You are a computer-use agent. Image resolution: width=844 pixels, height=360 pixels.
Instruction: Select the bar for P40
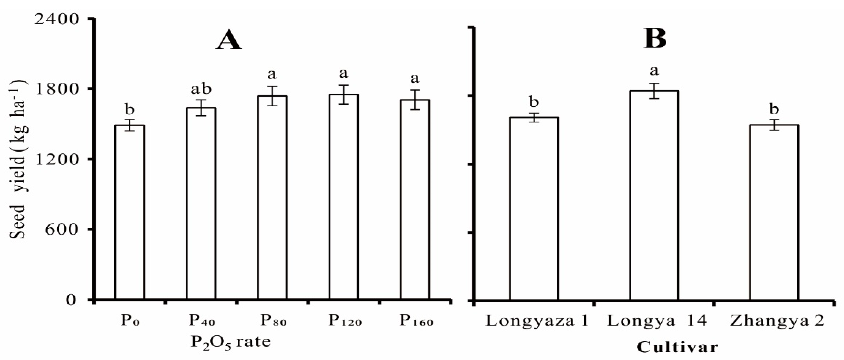[201, 203]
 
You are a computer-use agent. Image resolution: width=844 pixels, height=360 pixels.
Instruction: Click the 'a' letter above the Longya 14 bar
[654, 70]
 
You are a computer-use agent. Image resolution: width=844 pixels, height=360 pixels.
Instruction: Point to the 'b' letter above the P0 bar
[130, 110]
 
